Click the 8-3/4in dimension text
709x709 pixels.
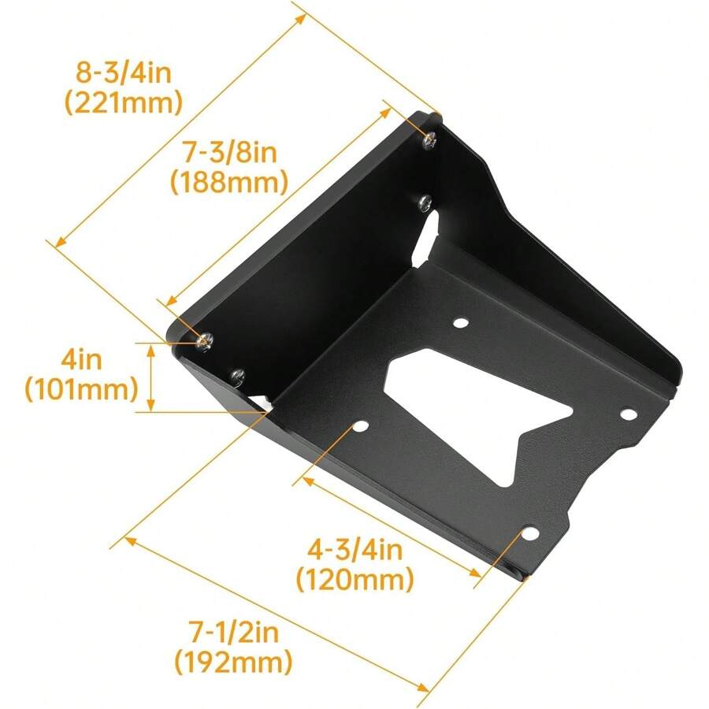124,73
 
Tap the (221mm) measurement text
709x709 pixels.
124,102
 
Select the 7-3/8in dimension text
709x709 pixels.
228,152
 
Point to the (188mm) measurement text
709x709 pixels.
228,183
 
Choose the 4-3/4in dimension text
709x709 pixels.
355,549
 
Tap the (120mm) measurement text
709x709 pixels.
355,580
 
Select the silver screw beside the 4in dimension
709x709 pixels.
205,340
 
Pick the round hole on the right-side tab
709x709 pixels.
628,413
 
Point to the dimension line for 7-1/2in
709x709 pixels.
276,615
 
